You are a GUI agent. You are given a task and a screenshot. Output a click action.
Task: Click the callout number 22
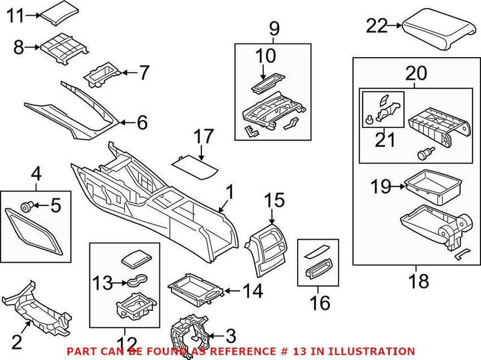tap(378, 25)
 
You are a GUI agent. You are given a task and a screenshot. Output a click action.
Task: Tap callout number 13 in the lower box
tap(103, 281)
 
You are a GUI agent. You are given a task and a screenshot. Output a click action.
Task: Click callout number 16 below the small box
tap(320, 303)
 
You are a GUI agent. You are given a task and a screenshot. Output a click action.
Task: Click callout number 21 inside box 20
tap(384, 140)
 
